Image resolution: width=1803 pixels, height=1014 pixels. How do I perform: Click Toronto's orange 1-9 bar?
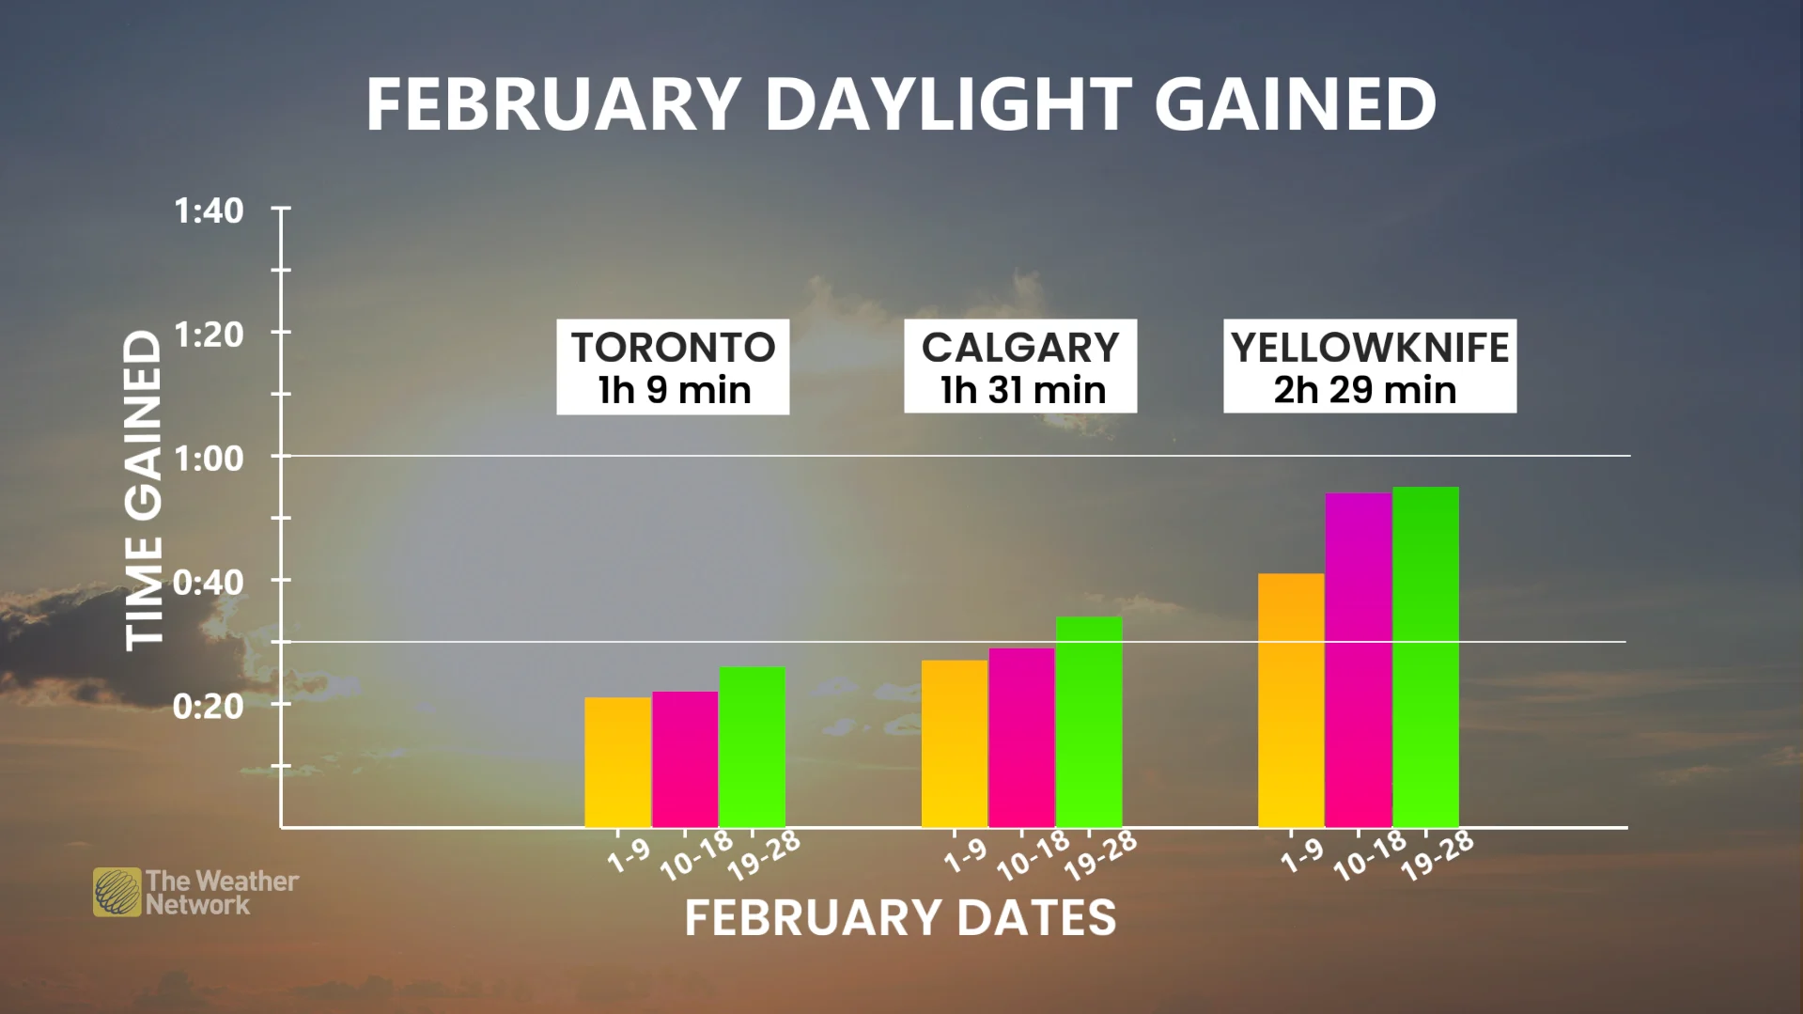[x=617, y=762]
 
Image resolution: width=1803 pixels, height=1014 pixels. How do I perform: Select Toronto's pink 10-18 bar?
[x=685, y=759]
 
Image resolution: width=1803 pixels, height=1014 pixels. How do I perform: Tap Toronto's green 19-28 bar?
[x=752, y=747]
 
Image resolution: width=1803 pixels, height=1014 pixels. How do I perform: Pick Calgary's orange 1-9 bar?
[x=954, y=743]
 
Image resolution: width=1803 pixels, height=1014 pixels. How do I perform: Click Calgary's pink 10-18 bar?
[x=1021, y=738]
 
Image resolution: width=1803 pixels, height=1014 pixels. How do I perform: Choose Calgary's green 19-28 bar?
[x=1089, y=722]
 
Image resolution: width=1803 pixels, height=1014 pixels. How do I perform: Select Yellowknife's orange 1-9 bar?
[x=1291, y=700]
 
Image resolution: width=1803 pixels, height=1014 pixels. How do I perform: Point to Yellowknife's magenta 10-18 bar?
[x=1359, y=660]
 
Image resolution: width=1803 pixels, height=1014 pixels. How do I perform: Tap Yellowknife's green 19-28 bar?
[x=1425, y=657]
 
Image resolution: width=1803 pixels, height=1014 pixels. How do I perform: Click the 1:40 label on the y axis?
[x=209, y=211]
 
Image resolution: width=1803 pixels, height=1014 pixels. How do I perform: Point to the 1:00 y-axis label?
[x=209, y=459]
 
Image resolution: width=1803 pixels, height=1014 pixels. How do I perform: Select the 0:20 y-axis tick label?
[x=209, y=706]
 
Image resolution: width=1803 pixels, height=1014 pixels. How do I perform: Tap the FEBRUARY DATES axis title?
[x=900, y=918]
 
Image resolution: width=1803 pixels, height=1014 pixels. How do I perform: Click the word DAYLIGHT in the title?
[x=948, y=103]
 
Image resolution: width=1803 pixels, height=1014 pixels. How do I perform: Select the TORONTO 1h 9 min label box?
[x=673, y=367]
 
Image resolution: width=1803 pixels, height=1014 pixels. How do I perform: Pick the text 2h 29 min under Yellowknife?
[x=1365, y=390]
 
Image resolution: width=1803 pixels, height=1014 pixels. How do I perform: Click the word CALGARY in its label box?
[x=1020, y=348]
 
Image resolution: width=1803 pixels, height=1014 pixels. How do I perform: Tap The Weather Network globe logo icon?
[x=117, y=892]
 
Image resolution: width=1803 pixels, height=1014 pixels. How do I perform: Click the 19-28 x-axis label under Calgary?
[x=1100, y=856]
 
